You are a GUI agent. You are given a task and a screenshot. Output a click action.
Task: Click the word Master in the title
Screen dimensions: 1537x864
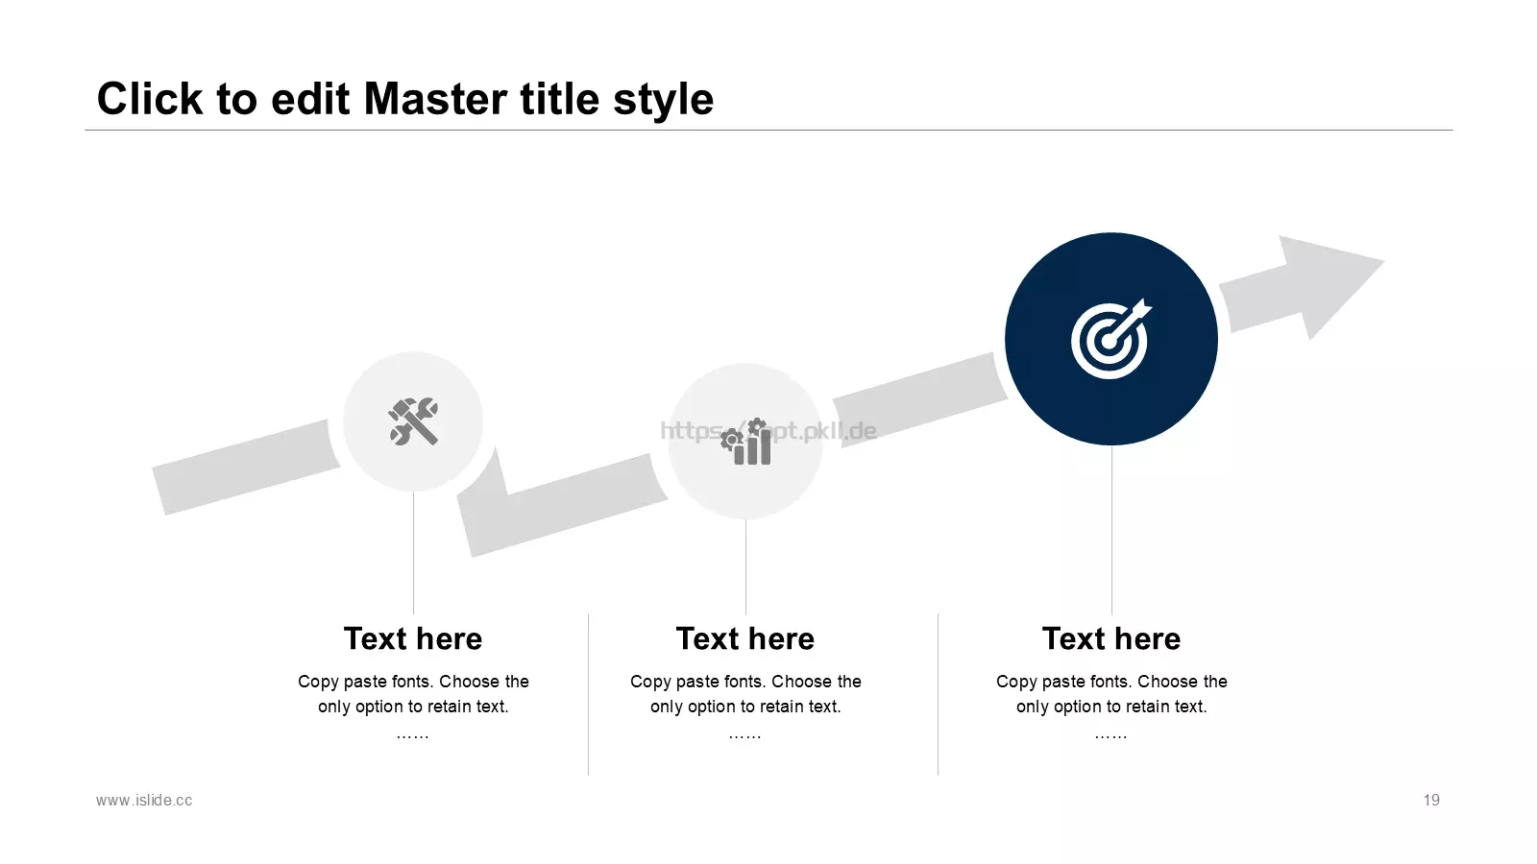coord(436,99)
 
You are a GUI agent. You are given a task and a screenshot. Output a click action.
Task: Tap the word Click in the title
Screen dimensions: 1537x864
coord(150,99)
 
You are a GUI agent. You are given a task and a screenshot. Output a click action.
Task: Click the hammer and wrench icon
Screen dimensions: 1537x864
coord(413,421)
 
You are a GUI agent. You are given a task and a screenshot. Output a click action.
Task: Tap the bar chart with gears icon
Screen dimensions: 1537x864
coord(745,442)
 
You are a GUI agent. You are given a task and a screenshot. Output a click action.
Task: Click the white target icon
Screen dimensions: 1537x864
coord(1111,338)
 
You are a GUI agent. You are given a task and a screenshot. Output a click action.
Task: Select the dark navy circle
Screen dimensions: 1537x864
coord(1111,339)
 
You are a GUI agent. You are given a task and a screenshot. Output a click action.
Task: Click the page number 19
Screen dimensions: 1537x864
coord(1431,801)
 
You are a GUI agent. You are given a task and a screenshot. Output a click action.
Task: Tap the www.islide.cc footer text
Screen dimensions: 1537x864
coord(144,801)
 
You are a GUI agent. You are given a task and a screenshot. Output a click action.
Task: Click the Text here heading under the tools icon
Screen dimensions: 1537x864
coord(413,638)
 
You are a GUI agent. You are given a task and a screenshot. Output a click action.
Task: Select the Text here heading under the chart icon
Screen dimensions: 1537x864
coord(745,638)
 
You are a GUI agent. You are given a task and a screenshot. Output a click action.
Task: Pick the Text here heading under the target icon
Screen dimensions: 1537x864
coord(1111,638)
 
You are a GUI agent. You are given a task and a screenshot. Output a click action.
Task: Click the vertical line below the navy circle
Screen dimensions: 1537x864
coord(1111,530)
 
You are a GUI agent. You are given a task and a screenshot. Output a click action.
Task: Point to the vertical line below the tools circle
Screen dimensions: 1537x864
coord(413,553)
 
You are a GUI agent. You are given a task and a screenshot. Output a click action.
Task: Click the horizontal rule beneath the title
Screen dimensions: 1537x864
coord(768,130)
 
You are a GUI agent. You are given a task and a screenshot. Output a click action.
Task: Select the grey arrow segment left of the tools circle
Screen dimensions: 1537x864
coord(246,467)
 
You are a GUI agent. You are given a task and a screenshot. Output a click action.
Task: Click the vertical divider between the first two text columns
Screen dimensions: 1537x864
coord(588,694)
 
